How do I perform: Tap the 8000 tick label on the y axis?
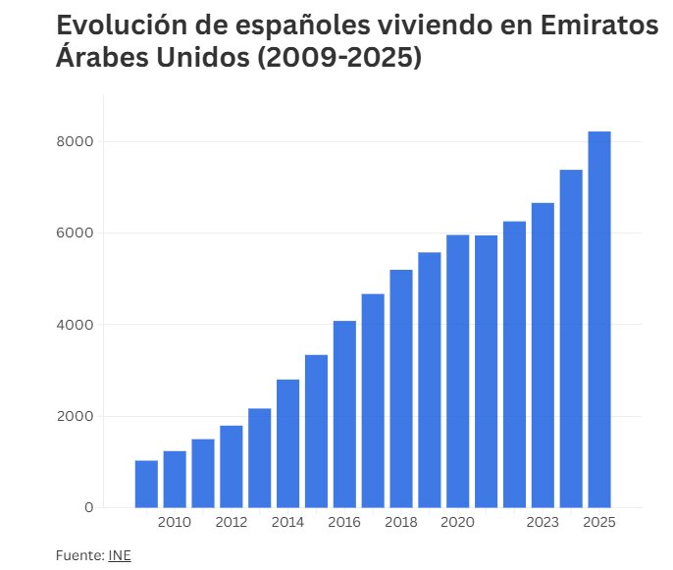tap(75, 141)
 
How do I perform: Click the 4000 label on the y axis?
tap(75, 325)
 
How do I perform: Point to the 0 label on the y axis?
tap(88, 507)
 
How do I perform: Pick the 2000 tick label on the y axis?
tap(75, 416)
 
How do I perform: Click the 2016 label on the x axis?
tap(344, 523)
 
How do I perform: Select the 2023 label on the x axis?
tap(543, 523)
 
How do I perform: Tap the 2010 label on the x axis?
tap(175, 523)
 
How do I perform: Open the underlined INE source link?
tap(119, 556)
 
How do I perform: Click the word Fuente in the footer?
tap(78, 556)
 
